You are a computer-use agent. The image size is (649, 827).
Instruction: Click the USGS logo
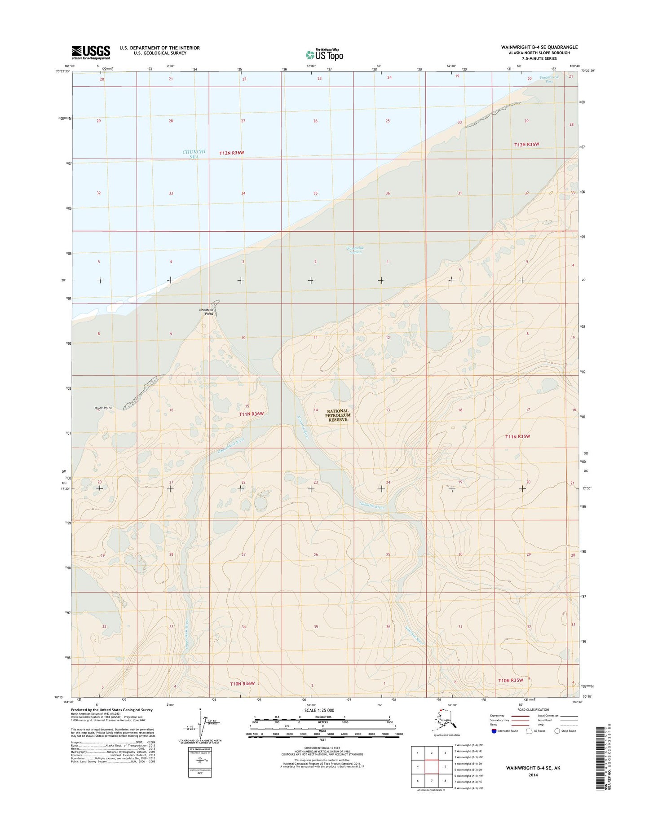(90, 52)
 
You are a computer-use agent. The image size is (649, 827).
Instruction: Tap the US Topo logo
(324, 54)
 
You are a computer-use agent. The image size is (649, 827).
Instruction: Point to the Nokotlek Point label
(206, 312)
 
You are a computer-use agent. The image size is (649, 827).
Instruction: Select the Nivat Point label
(103, 408)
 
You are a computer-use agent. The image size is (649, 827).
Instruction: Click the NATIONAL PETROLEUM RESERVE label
(338, 415)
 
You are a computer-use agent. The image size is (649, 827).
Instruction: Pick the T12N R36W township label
(231, 153)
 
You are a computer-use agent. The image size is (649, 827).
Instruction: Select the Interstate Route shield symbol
(494, 731)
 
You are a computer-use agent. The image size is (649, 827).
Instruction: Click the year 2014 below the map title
(533, 775)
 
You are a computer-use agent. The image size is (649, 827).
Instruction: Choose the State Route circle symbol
(557, 731)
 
